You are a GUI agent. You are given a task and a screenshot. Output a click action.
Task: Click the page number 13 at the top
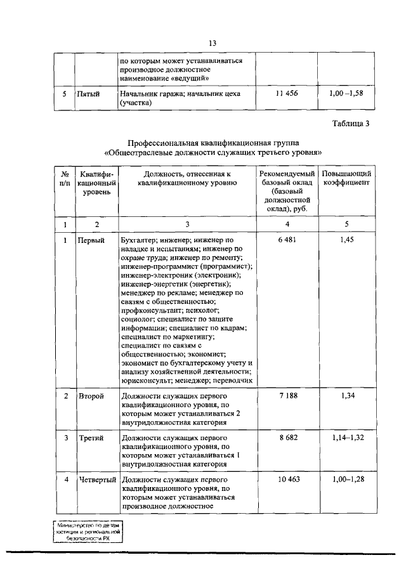click(213, 42)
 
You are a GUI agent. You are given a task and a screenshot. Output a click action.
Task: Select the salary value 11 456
click(287, 93)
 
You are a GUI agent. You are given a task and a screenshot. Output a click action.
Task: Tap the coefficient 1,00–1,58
click(346, 93)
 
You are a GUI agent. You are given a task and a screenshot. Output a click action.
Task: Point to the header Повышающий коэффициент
click(346, 178)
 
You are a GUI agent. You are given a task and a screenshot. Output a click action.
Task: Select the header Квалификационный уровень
click(95, 183)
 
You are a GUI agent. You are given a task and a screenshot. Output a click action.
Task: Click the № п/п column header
click(64, 178)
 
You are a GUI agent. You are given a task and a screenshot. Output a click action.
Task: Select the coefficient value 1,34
click(346, 396)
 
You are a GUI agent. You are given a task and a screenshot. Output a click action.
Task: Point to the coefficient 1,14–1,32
click(346, 438)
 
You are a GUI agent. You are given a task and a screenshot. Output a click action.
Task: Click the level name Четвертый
click(96, 480)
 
